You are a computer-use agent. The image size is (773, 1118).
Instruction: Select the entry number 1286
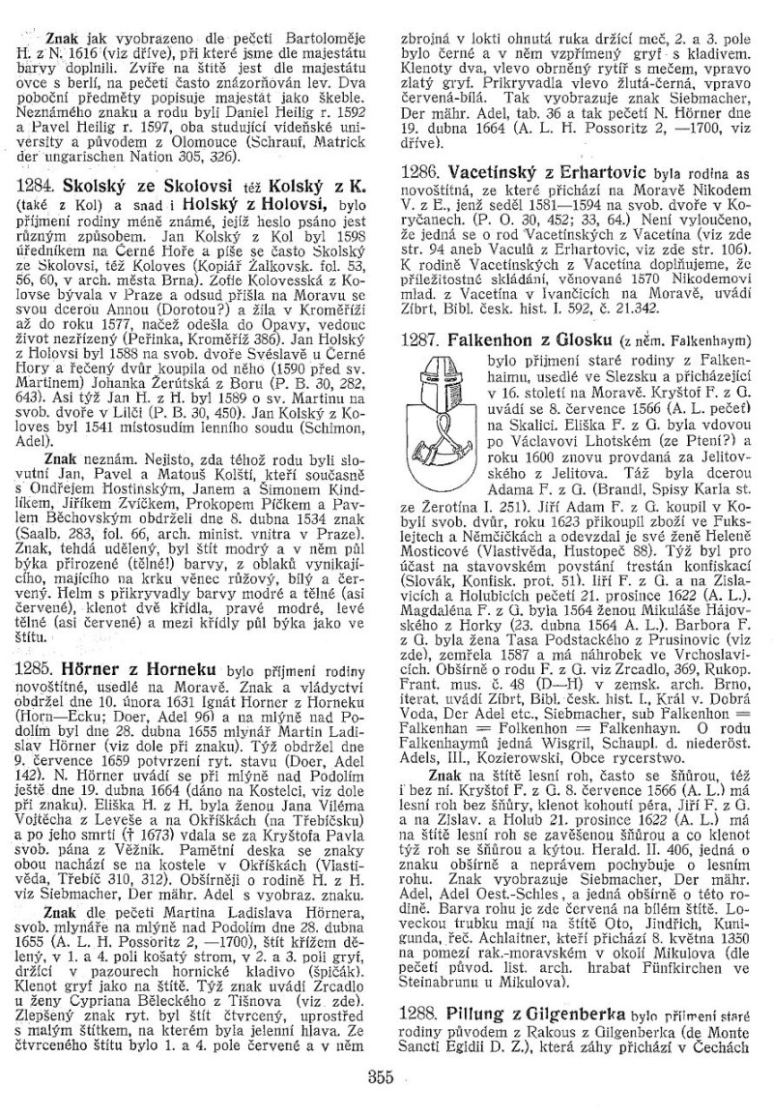coord(421,168)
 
